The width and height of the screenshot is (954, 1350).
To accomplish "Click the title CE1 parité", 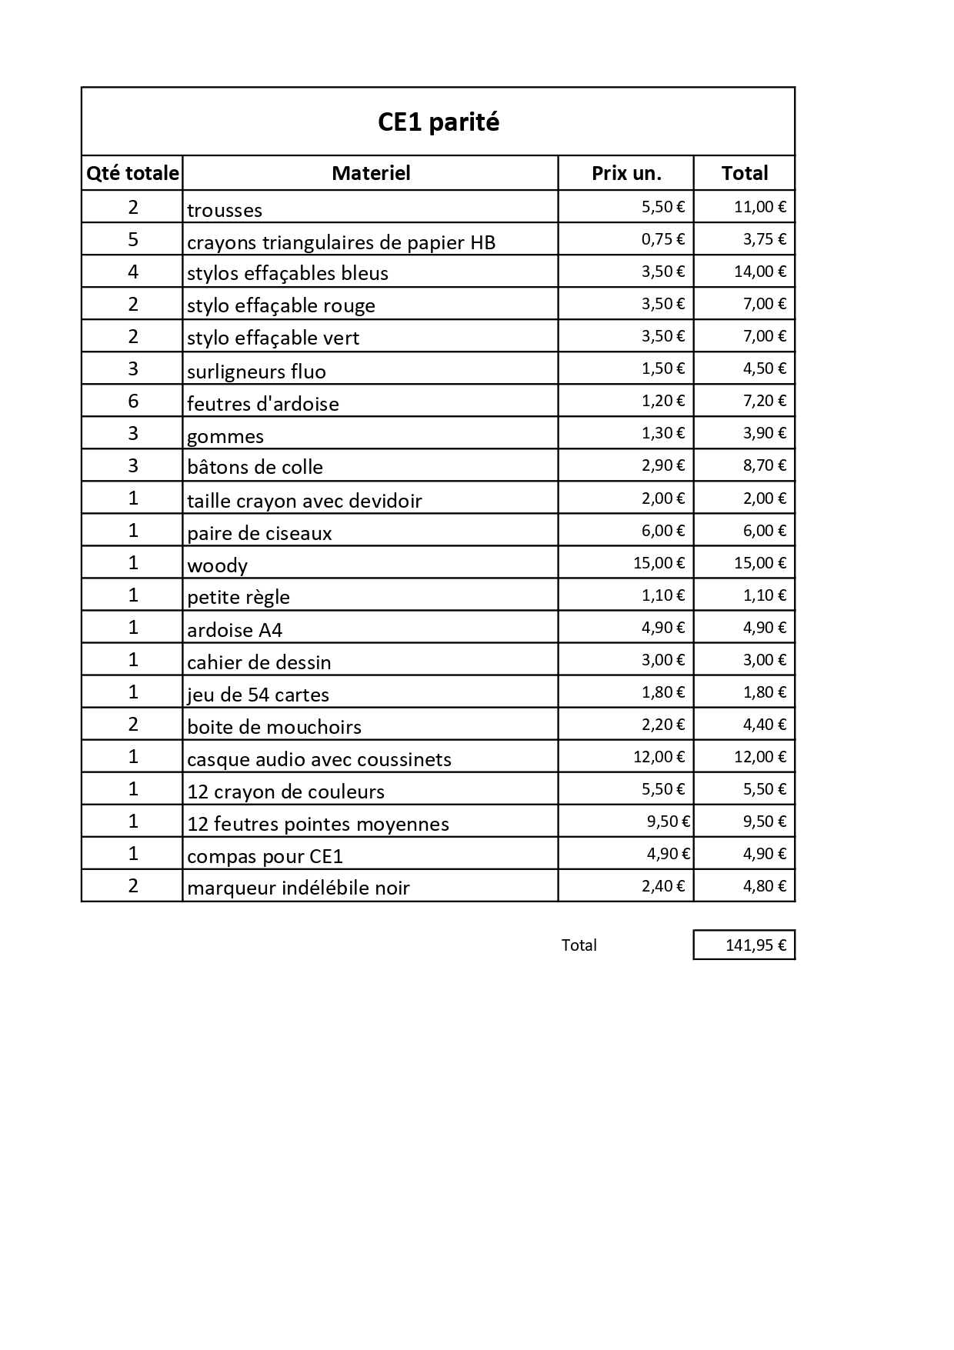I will [438, 122].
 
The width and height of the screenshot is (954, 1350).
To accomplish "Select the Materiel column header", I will [371, 173].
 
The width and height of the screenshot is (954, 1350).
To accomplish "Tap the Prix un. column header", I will [626, 173].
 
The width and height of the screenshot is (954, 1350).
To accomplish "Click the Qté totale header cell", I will [132, 173].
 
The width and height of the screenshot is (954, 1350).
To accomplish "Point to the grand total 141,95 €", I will [756, 945].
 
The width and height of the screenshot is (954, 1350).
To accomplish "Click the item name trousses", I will [225, 210].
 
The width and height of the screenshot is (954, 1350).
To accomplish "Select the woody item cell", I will [218, 565].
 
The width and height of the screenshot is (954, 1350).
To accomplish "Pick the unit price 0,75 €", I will [662, 239].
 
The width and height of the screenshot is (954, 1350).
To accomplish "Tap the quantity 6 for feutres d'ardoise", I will [133, 401].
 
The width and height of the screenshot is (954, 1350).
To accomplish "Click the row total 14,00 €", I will [759, 272].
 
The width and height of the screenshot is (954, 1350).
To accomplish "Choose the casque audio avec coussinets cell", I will [319, 759].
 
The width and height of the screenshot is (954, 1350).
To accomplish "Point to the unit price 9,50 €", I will [668, 822].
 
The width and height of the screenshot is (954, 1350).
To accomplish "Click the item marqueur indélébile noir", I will [299, 888].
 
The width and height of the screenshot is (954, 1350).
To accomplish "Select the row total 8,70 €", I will [764, 465].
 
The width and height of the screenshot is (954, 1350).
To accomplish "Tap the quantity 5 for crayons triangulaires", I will [133, 239].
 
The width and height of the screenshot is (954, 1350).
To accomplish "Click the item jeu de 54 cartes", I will [258, 695].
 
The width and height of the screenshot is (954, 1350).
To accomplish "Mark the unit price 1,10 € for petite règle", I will [662, 595].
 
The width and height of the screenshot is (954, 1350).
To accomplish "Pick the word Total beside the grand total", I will [579, 945].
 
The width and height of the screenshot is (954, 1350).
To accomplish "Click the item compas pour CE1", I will [265, 856].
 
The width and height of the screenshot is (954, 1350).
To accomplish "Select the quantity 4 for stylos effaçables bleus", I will [133, 272].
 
